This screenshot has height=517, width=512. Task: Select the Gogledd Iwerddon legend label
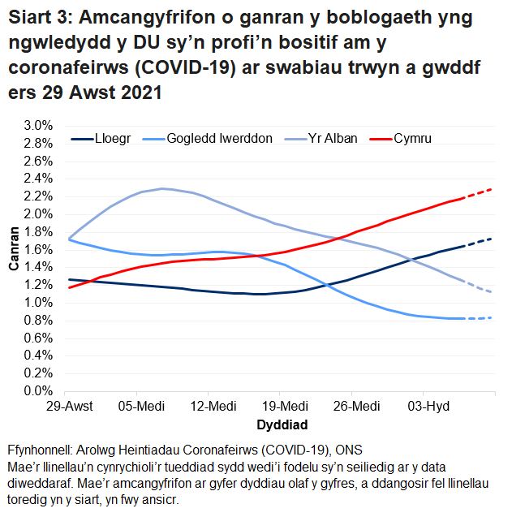tap(219, 139)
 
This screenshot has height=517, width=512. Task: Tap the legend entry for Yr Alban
tap(329, 139)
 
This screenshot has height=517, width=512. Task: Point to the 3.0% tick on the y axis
tap(38, 126)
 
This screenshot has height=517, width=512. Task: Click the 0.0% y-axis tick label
tap(38, 390)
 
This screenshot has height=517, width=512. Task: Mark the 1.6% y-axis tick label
tap(38, 249)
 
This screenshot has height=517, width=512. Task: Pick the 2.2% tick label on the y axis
tap(38, 196)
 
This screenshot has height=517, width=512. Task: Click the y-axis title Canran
tap(14, 258)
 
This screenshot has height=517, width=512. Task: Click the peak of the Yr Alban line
tap(163, 188)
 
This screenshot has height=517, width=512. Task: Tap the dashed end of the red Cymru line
tap(479, 193)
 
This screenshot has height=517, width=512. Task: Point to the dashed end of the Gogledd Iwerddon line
tap(479, 318)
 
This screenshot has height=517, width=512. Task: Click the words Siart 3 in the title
tap(40, 18)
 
